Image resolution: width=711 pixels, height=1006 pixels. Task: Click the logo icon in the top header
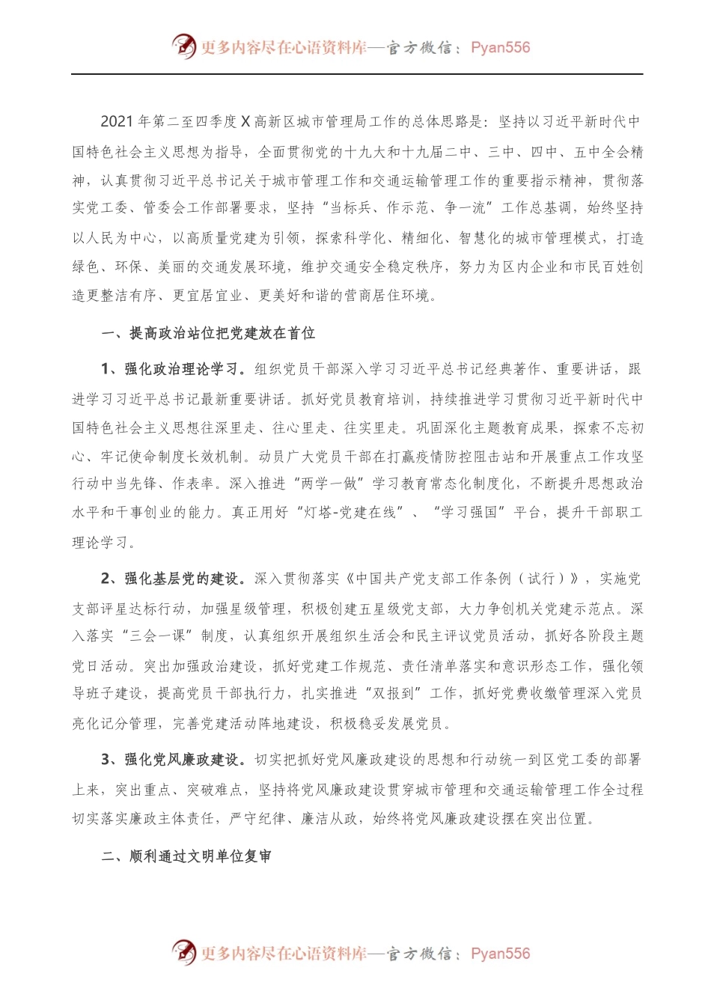point(184,46)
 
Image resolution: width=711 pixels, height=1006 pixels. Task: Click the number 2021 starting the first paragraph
point(117,122)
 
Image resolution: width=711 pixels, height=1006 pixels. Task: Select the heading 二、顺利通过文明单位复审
point(186,856)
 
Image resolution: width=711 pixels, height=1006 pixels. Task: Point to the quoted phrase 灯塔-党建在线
point(353,513)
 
